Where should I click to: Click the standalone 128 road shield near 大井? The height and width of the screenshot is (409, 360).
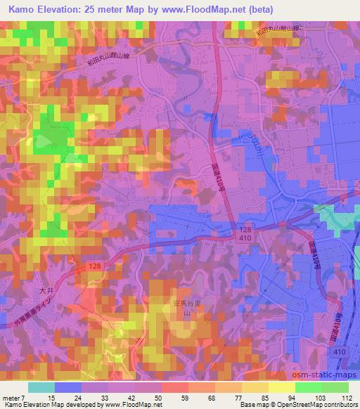pos(96,266)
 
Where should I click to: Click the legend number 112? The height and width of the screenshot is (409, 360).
pos(345,397)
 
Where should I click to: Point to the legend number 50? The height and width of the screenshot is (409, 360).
pos(162,397)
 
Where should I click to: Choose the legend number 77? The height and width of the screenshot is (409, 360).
pos(243,397)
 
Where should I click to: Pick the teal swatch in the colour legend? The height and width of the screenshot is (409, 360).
pos(41,387)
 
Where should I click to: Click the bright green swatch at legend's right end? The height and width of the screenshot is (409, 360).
pos(335,387)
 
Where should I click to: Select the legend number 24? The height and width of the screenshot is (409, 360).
pos(82,397)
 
